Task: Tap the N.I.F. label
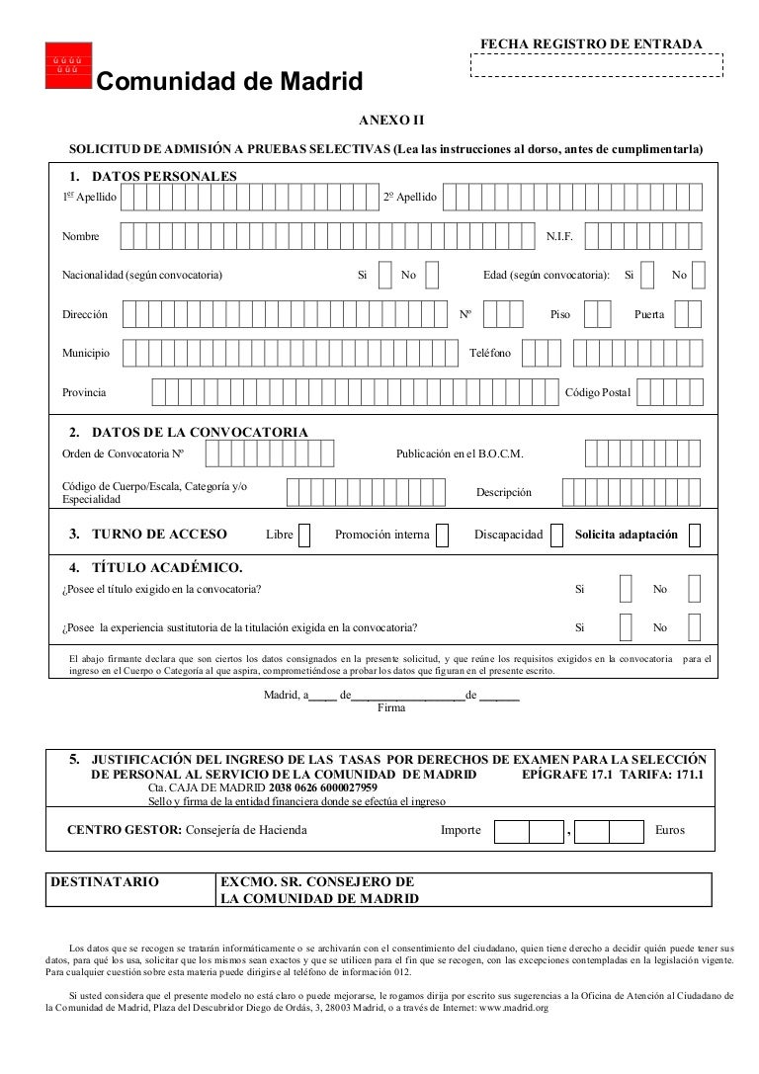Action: point(560,237)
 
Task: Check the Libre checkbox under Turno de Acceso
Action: point(304,535)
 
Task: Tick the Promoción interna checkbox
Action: point(442,535)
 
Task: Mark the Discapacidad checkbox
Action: point(557,535)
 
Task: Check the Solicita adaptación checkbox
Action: point(694,535)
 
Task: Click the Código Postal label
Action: point(597,393)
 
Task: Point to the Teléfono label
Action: point(489,353)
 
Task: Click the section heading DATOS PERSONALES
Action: point(163,176)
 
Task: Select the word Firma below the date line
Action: point(392,707)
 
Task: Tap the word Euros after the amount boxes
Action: point(669,831)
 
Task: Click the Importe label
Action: point(461,831)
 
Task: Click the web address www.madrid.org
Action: point(514,1009)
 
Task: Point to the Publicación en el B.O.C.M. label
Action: point(460,454)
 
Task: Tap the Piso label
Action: point(560,314)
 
